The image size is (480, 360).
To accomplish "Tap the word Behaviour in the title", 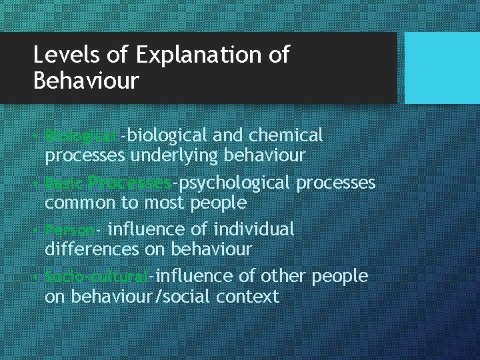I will tap(86, 81).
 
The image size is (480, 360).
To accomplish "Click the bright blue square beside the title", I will tap(442, 68).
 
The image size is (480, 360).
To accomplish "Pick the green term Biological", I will tap(80, 136).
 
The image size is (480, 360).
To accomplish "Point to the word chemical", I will tap(285, 135).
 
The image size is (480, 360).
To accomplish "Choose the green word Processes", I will tap(130, 183).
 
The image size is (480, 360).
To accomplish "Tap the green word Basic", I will tap(64, 183).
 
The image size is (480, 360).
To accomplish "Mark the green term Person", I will tap(70, 229).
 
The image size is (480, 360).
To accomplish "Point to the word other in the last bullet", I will tap(284, 276).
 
